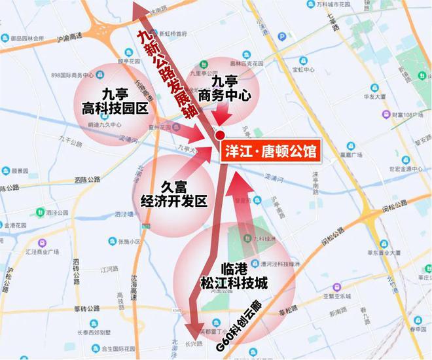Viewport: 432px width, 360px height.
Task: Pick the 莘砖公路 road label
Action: click(x=87, y=308)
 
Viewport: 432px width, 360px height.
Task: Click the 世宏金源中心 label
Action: click(x=393, y=168)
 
